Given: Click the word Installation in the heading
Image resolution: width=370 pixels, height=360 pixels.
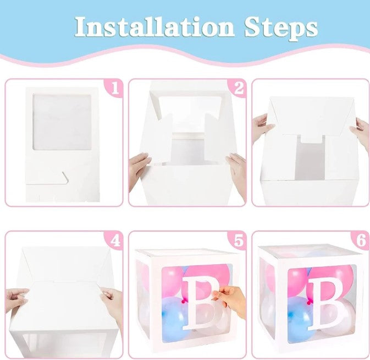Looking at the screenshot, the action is pyautogui.click(x=154, y=26).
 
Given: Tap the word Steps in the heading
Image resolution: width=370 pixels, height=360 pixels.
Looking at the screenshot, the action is pyautogui.click(x=281, y=28).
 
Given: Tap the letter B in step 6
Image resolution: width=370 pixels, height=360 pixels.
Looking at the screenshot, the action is pyautogui.click(x=327, y=302).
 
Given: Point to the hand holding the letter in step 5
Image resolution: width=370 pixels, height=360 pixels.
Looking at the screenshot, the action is pyautogui.click(x=230, y=300).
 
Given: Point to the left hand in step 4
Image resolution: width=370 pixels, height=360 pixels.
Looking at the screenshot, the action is pyautogui.click(x=16, y=298).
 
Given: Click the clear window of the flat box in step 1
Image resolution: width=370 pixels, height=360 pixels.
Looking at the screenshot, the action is pyautogui.click(x=62, y=122).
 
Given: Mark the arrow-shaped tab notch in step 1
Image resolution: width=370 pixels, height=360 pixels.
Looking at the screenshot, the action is pyautogui.click(x=65, y=177).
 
